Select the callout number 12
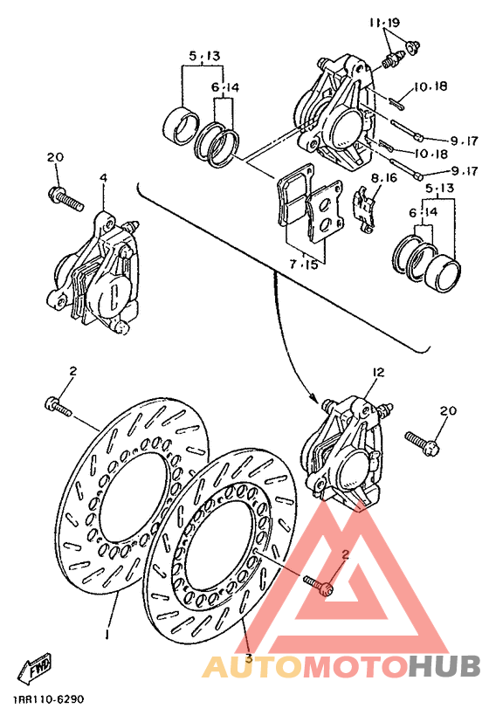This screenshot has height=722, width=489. pos(377,373)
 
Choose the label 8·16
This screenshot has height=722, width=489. pos(383,178)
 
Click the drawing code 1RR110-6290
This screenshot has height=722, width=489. pos(49,700)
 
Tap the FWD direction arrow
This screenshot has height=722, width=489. pos(38,667)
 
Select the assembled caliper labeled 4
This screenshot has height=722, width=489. pos(94,275)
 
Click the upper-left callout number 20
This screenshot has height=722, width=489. pos(55,157)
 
